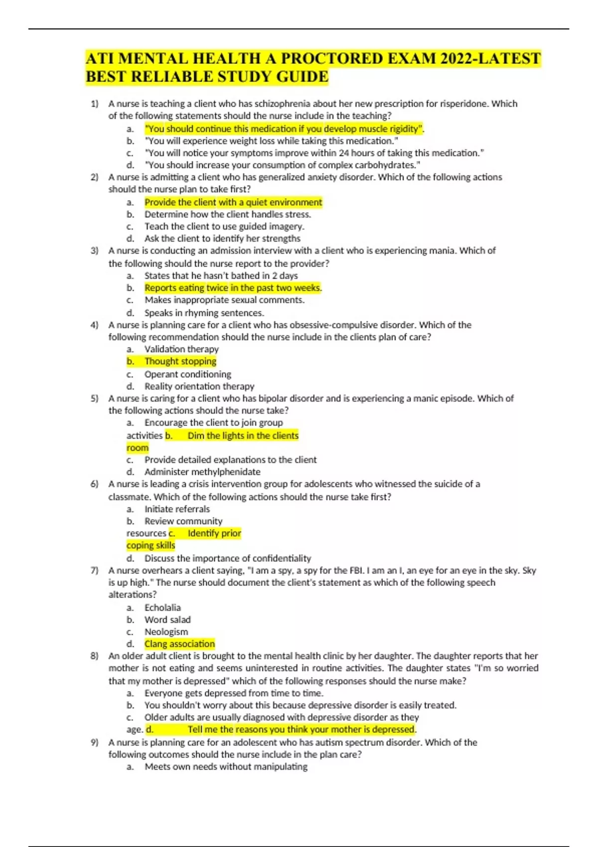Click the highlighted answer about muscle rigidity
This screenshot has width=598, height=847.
[284, 129]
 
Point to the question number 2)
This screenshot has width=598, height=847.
[95, 177]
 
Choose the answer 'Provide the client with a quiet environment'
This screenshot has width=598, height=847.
[233, 202]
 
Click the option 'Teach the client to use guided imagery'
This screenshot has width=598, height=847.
[224, 226]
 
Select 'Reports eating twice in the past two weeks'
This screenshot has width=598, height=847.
[233, 288]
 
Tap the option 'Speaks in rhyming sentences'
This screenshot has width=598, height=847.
[204, 313]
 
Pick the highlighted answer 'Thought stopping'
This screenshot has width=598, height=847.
[180, 361]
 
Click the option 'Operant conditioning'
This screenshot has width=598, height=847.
[188, 374]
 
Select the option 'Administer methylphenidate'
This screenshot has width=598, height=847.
[202, 472]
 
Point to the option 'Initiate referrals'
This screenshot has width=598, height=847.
[177, 509]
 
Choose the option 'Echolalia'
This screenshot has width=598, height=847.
[162, 608]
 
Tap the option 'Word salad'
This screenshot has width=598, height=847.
[167, 620]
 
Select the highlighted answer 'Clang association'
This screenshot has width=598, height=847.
[179, 644]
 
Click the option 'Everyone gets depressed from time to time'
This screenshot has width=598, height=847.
[234, 693]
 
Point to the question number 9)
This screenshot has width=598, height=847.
[95, 742]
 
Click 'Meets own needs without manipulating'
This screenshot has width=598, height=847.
[226, 767]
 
